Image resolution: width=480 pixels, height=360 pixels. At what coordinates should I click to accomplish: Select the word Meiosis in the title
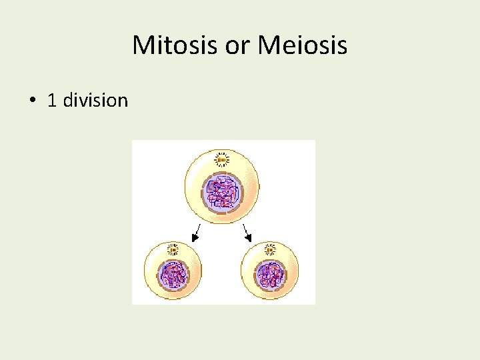click(x=302, y=46)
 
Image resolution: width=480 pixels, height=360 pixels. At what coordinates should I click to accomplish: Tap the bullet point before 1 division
click(x=31, y=101)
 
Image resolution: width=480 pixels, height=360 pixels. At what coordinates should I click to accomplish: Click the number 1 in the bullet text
click(x=52, y=101)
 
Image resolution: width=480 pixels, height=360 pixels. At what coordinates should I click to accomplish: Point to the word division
click(x=96, y=101)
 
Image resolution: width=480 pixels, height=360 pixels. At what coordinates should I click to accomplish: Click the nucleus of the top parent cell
click(x=223, y=191)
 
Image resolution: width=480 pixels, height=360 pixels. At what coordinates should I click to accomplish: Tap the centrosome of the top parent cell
click(x=221, y=159)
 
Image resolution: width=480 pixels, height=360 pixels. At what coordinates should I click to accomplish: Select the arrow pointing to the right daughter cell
click(x=246, y=233)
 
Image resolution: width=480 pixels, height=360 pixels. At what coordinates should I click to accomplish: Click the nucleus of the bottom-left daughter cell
click(x=173, y=274)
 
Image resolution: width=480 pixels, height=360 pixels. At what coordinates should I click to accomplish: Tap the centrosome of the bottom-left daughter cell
click(x=173, y=251)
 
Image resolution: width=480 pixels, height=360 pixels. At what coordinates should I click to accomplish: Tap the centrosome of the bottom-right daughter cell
click(x=270, y=251)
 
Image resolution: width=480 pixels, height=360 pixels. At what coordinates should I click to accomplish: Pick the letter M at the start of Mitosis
click(x=142, y=46)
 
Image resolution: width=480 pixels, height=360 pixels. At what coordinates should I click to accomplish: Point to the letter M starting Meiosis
click(x=269, y=46)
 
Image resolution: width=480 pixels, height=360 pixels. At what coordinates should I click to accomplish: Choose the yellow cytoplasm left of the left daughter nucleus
click(x=151, y=273)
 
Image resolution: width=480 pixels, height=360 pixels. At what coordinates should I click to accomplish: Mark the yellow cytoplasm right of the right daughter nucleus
click(x=292, y=273)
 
